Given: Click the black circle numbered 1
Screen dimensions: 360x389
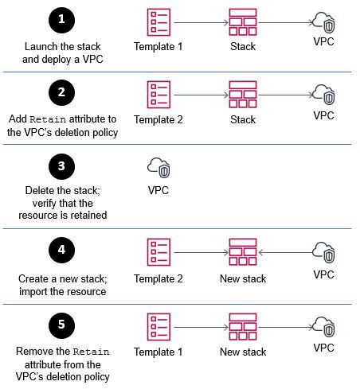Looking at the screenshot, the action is (x=61, y=20).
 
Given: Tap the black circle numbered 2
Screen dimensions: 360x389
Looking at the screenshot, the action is (x=61, y=92).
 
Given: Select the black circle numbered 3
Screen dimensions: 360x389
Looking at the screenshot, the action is (x=61, y=166).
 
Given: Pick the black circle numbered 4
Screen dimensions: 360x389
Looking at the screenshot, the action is (x=61, y=250).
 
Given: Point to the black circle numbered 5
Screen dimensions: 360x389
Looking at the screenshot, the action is (x=61, y=325).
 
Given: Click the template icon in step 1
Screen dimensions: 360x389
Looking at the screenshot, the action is (x=158, y=22).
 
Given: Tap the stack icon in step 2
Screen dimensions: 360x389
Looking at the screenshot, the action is (x=243, y=95).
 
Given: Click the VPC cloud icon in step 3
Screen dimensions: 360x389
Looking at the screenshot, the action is (x=158, y=168).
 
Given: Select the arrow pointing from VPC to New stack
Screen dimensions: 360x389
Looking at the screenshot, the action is (x=285, y=252).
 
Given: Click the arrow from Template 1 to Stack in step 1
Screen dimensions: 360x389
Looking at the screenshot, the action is (x=202, y=22).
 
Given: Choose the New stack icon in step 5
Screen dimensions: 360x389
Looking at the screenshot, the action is (x=243, y=327).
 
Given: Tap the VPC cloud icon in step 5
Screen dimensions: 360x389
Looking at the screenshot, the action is (x=323, y=327).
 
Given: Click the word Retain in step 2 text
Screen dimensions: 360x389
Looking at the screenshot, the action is (x=48, y=119).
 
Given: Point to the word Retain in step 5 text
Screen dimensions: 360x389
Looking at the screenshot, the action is (x=91, y=352).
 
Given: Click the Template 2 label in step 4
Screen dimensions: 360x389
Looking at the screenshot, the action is (x=158, y=278).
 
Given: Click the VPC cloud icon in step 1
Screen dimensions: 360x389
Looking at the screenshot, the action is (x=323, y=22).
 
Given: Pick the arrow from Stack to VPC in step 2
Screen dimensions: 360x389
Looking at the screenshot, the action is (x=286, y=95).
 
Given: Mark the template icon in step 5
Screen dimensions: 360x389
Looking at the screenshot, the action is (x=158, y=327).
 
